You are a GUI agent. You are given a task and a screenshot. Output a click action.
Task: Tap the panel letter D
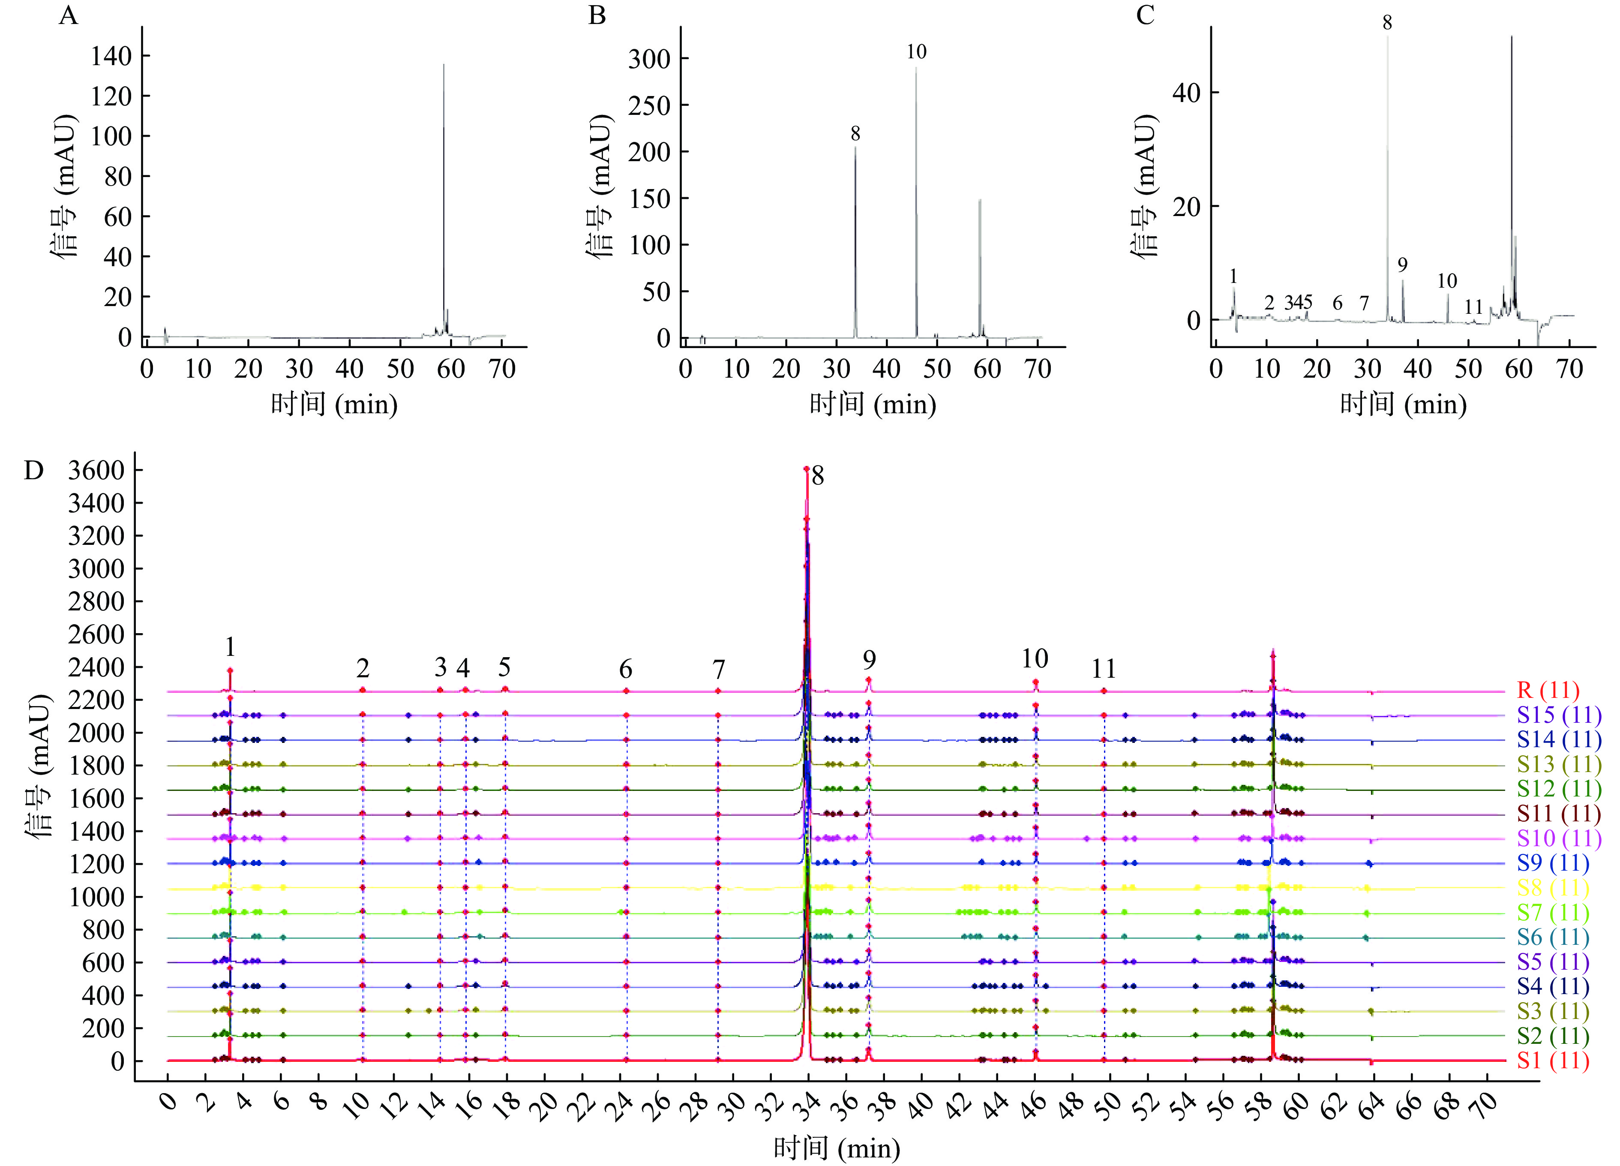[x=33, y=471]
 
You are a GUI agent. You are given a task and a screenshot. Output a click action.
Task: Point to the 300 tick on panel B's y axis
[x=649, y=59]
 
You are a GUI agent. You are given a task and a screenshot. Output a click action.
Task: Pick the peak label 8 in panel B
[x=855, y=134]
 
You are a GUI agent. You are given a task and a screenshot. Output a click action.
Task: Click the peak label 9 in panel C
[x=1403, y=265]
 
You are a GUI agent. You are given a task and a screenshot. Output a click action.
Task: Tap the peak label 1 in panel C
[x=1233, y=276]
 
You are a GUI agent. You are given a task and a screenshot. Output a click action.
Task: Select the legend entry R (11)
[x=1548, y=690]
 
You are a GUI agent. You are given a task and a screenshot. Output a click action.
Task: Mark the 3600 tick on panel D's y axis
[x=96, y=471]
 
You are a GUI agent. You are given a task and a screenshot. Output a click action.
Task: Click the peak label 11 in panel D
[x=1104, y=669]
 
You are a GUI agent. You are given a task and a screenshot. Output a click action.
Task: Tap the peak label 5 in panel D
[x=504, y=667]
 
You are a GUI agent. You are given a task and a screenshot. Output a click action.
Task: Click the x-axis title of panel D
[x=837, y=1148]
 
